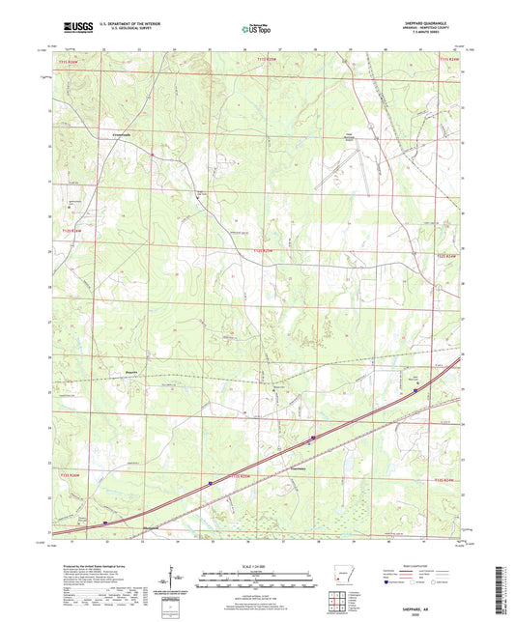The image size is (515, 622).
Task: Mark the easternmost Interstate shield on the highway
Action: pos(417,391)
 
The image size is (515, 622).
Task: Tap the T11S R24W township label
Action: pos(451,61)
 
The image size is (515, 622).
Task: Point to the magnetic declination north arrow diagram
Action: pos(174,580)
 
